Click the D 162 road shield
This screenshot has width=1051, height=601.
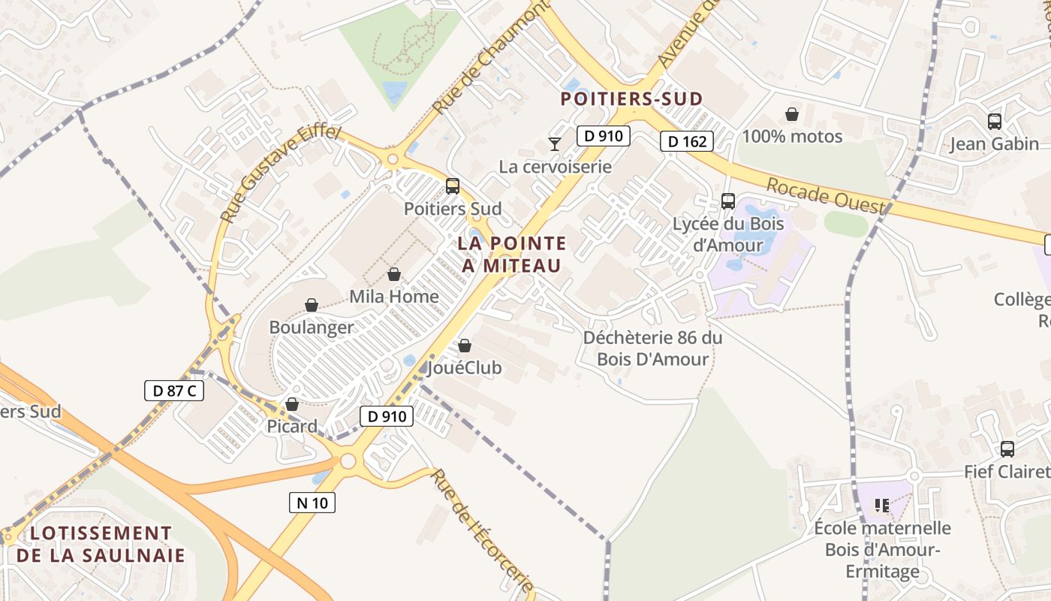686,141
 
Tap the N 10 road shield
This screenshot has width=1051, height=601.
312,503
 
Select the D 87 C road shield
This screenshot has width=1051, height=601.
174,391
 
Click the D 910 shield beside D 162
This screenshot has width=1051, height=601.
603,136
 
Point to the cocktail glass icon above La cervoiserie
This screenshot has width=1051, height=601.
555,143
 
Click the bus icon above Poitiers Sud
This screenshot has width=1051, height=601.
452,186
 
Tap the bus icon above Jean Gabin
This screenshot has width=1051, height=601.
995,121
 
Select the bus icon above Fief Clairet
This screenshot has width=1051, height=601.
1007,449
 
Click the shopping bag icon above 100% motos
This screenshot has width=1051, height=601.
792,114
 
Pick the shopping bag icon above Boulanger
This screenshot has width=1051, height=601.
312,305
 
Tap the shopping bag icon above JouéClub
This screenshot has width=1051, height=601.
465,346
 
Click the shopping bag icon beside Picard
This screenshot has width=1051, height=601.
292,404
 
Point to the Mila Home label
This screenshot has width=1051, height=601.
394,297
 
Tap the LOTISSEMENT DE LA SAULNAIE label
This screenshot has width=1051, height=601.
101,545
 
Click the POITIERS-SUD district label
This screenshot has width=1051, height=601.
632,98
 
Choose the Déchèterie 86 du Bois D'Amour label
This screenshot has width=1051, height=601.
652,349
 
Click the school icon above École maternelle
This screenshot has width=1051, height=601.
882,506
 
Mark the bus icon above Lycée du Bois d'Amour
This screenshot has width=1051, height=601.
727,201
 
